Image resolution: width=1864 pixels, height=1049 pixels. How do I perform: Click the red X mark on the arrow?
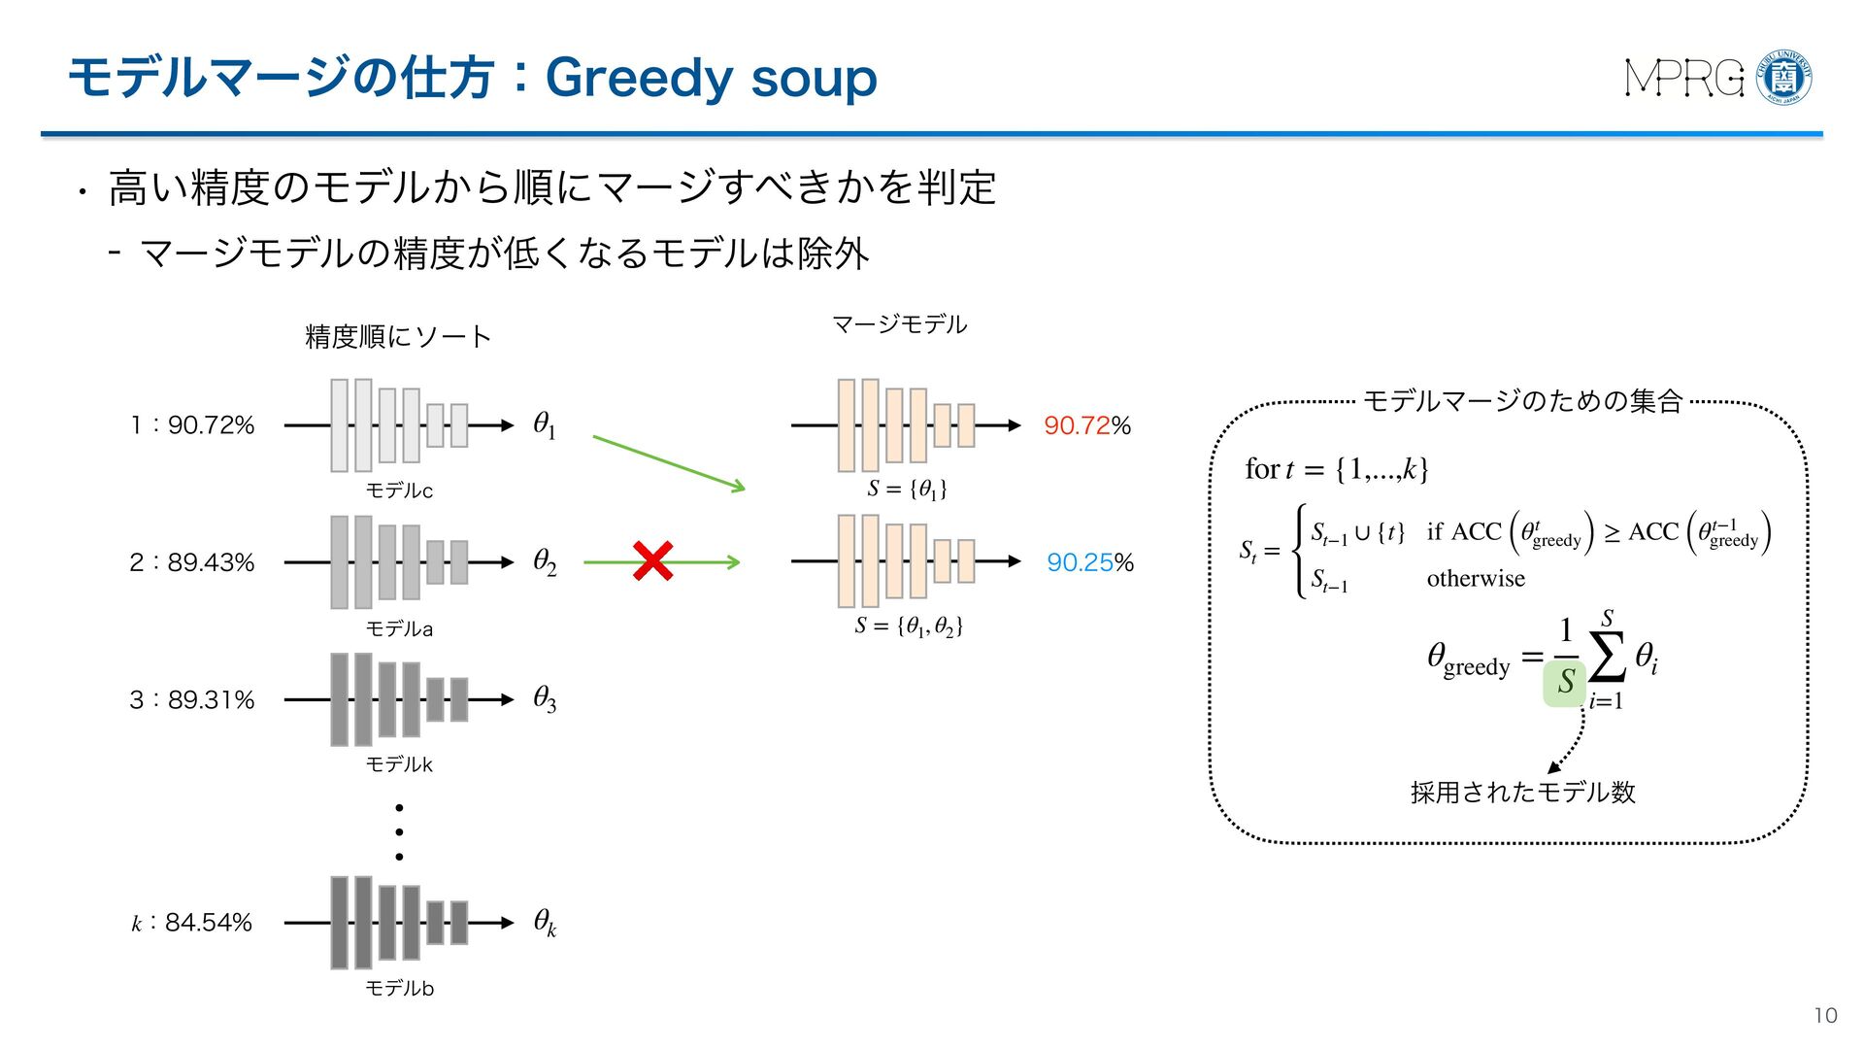click(652, 561)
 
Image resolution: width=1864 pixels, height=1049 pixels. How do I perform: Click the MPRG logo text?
click(1684, 79)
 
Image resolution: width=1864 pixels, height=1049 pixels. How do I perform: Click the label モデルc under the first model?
click(399, 491)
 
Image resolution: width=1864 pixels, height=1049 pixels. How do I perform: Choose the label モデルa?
click(399, 629)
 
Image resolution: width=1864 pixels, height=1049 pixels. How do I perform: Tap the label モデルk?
click(399, 765)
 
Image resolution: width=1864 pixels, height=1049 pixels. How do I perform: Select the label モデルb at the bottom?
click(399, 989)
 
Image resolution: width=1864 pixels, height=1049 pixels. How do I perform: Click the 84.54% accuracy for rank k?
click(208, 923)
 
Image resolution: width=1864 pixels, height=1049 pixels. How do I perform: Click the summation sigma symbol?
click(1607, 658)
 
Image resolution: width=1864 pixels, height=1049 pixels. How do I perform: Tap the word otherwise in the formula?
click(1475, 579)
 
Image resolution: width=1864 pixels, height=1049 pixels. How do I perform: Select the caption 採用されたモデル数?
click(1522, 793)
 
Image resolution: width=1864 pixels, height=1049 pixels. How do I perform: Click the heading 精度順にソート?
click(398, 337)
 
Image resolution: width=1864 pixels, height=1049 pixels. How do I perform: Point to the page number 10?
click(1825, 1016)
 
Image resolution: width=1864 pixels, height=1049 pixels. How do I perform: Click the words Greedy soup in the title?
click(711, 78)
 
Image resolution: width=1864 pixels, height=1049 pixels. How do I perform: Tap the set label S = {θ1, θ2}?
click(909, 626)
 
